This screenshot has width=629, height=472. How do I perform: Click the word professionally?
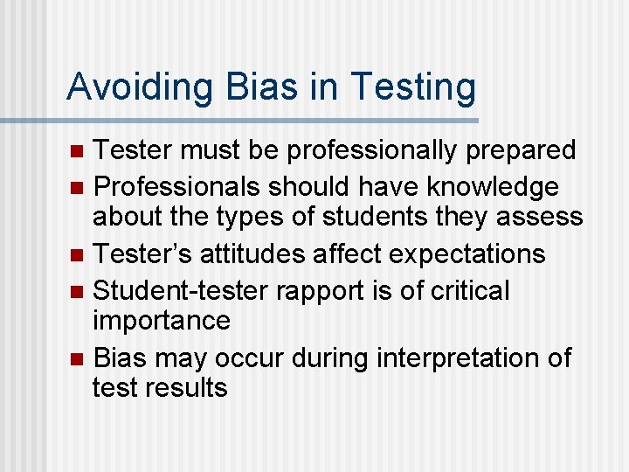point(372,150)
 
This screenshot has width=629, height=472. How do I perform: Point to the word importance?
point(162,320)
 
